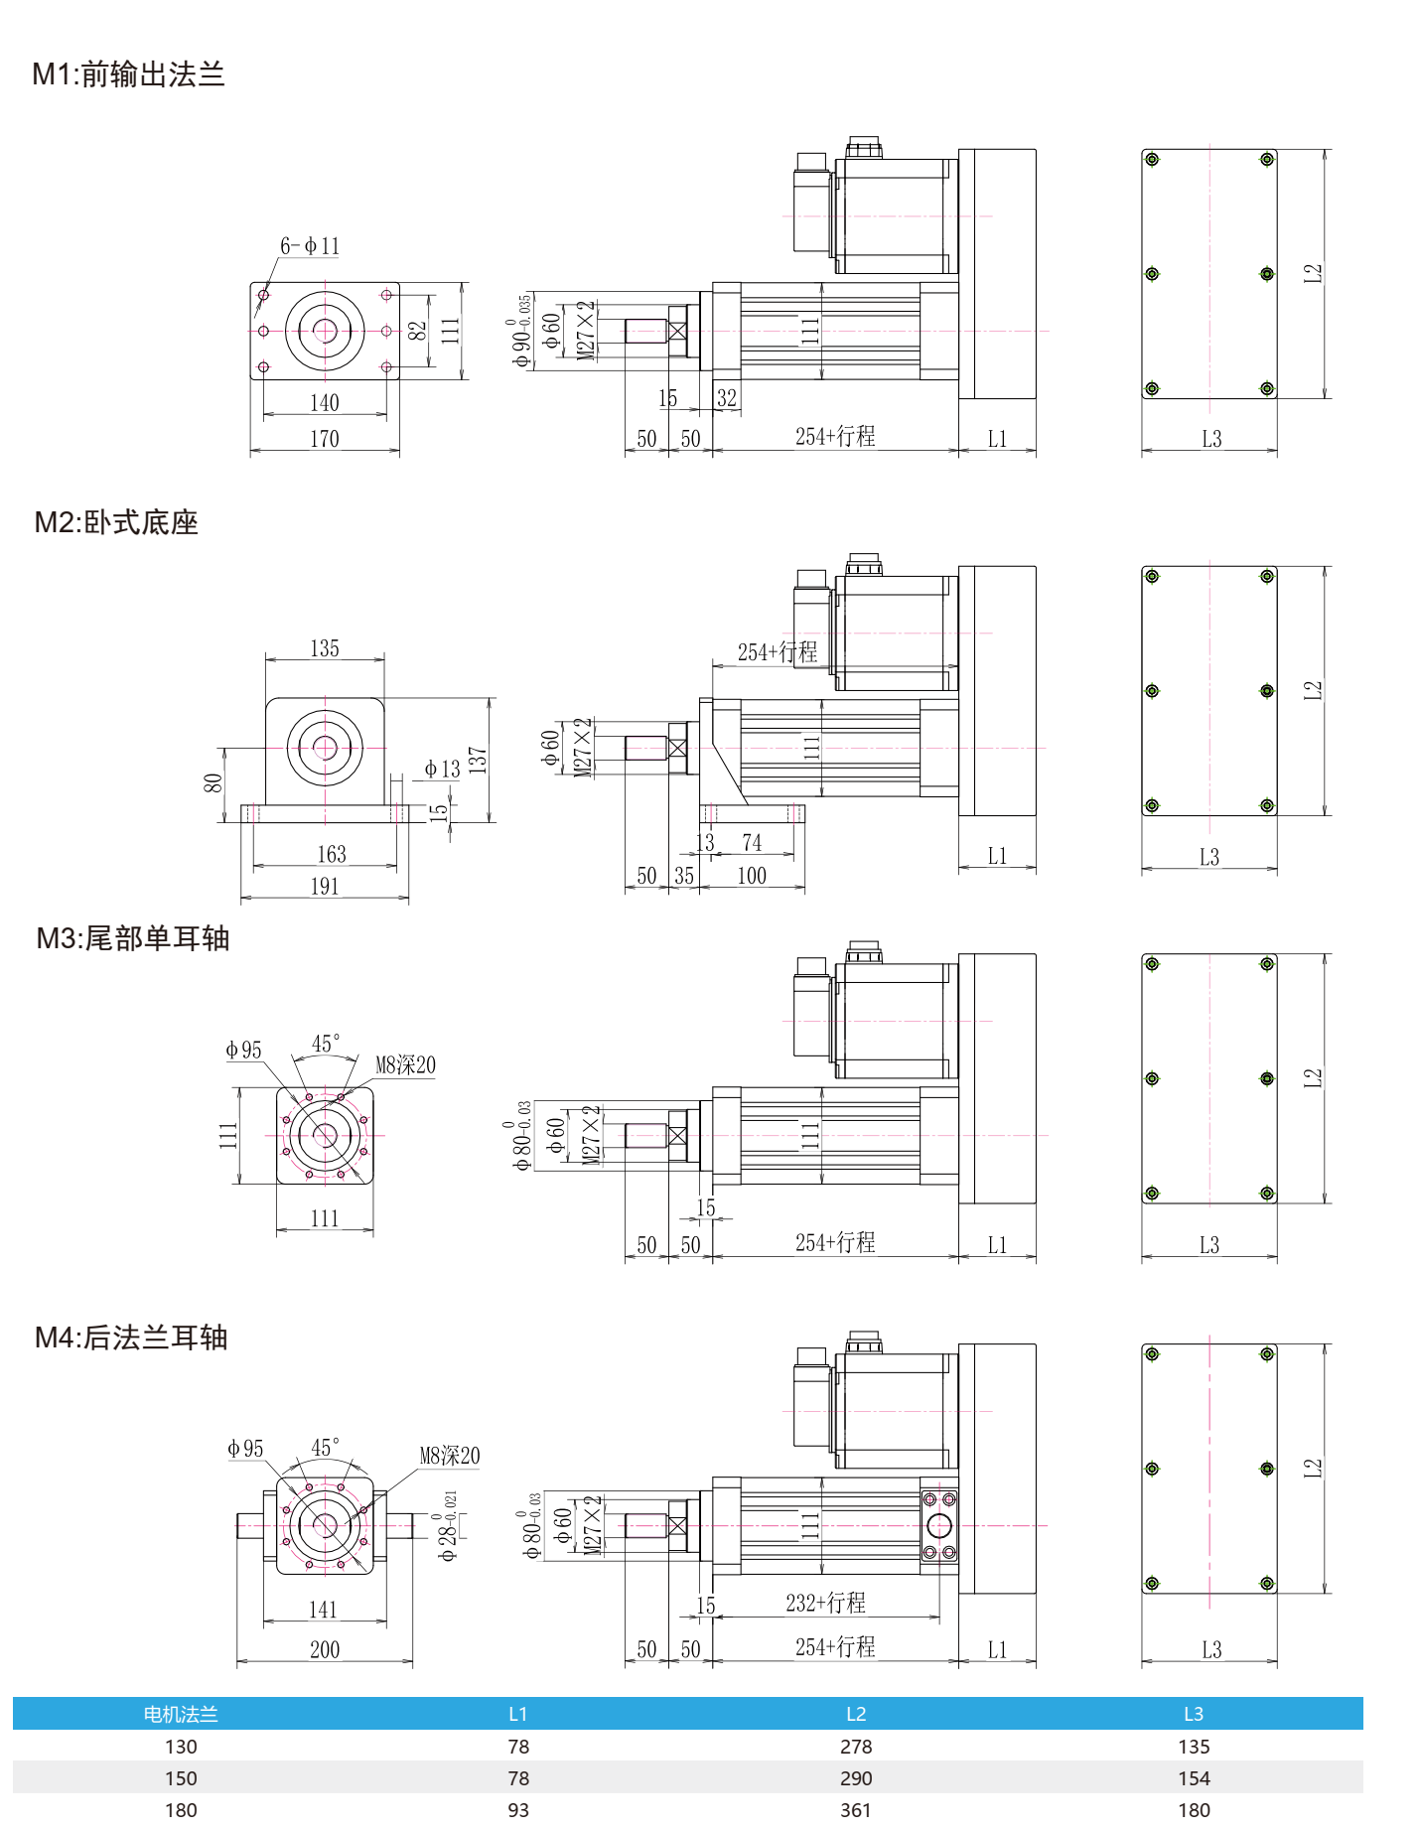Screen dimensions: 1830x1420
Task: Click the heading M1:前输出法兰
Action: tap(129, 74)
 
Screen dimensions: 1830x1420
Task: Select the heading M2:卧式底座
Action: tap(116, 522)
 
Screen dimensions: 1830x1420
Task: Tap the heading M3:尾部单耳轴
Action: tap(133, 938)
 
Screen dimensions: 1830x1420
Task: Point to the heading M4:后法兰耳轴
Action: tap(131, 1337)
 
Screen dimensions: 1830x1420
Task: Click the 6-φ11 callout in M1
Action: tap(310, 246)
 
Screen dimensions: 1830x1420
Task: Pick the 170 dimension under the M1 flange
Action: tap(325, 439)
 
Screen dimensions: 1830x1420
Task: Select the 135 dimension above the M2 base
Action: tap(325, 648)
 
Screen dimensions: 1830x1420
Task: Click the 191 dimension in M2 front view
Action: tap(325, 887)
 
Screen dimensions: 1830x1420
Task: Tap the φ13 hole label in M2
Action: tap(442, 769)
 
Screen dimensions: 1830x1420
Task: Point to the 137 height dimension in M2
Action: tap(478, 761)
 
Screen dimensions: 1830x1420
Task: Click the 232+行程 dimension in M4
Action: tap(825, 1603)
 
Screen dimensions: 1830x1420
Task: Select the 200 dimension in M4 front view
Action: tap(325, 1649)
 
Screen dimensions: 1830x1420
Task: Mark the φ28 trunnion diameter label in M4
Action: tap(448, 1527)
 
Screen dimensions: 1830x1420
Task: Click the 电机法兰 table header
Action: tap(181, 1714)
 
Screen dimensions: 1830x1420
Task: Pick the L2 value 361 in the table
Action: tap(856, 1810)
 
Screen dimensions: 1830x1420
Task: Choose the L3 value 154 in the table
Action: tap(1194, 1778)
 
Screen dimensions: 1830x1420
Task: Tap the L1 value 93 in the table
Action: tap(518, 1810)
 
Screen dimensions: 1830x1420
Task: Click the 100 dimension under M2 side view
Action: tap(752, 876)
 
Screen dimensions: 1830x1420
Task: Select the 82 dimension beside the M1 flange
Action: tap(418, 330)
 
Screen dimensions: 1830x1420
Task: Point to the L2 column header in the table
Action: tap(856, 1714)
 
